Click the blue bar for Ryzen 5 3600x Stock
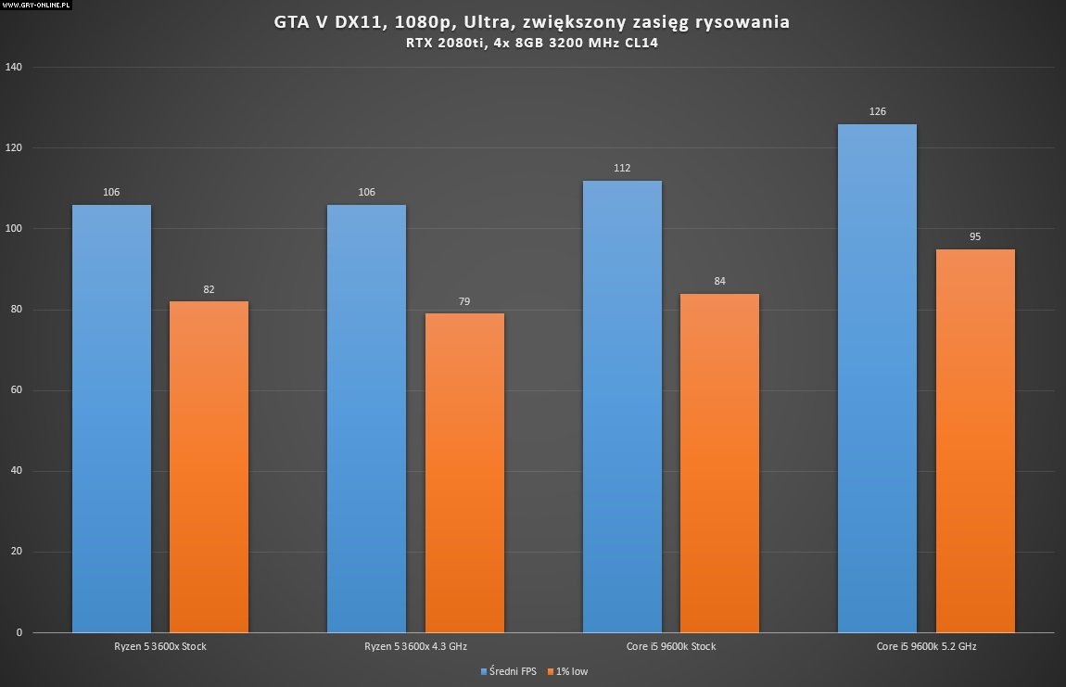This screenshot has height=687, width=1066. coord(111,418)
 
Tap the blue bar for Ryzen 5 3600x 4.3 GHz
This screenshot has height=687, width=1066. coord(366,418)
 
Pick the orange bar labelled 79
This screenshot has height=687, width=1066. coord(464,473)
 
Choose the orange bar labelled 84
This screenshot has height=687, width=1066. coord(719,463)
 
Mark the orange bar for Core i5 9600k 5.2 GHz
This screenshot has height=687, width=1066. coord(975,440)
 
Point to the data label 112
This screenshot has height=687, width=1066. coord(622,168)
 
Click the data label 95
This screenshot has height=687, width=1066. coord(975,236)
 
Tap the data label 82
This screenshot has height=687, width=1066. coord(209,289)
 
